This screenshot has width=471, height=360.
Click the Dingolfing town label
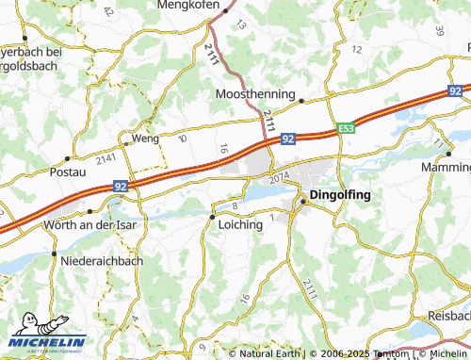(x=340, y=195)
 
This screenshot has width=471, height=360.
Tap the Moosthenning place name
(x=255, y=95)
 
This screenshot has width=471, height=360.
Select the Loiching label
(x=239, y=225)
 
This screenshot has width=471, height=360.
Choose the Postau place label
(x=66, y=172)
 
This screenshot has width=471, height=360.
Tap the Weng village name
(x=145, y=138)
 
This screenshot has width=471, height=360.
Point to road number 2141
(x=105, y=156)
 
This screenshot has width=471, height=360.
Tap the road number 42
(x=107, y=11)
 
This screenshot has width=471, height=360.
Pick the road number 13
(x=240, y=25)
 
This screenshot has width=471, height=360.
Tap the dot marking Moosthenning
(x=302, y=100)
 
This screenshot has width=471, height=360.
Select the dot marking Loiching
(x=211, y=217)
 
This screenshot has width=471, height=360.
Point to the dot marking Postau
(x=68, y=158)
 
